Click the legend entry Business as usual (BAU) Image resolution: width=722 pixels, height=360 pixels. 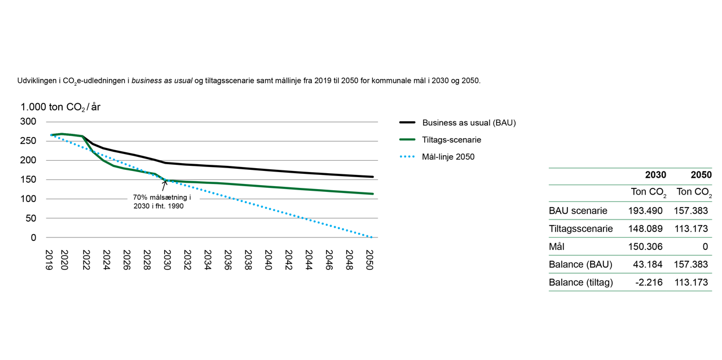[x=469, y=122]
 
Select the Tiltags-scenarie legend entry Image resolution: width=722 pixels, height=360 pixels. [x=451, y=139]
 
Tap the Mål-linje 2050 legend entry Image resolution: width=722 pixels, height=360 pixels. [x=448, y=157]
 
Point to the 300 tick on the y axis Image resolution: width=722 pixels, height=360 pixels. [x=28, y=122]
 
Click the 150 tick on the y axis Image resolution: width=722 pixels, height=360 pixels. [x=28, y=180]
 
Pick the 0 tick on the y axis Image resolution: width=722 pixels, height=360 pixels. [x=33, y=238]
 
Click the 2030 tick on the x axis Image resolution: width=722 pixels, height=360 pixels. [x=166, y=260]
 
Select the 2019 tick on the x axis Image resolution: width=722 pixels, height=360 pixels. [x=50, y=260]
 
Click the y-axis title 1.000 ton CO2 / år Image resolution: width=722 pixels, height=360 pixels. [x=60, y=107]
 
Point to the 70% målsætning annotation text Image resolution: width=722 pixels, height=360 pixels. [x=162, y=202]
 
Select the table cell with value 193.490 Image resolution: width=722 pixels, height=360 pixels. [x=647, y=211]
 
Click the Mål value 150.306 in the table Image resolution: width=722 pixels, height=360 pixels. [x=647, y=247]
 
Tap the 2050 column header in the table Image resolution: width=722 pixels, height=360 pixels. [x=701, y=175]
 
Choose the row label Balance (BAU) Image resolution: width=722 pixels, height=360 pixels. [x=580, y=264]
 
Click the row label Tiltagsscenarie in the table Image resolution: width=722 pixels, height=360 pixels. [x=581, y=229]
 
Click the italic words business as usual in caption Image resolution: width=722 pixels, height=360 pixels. [x=162, y=81]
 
